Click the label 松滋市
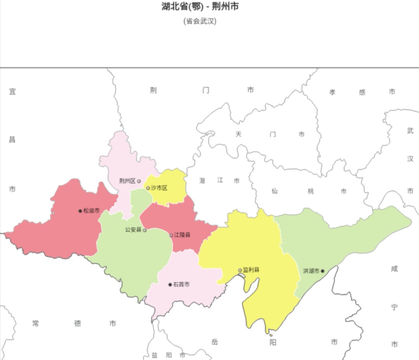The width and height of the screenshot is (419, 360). pyautogui.click(x=92, y=211)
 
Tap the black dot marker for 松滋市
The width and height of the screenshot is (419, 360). pyautogui.click(x=80, y=211)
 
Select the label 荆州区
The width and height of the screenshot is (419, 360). pyautogui.click(x=127, y=181)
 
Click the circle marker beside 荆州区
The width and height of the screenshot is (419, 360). pyautogui.click(x=139, y=181)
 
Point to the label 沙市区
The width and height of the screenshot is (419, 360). pyautogui.click(x=159, y=188)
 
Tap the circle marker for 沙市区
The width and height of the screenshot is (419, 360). pyautogui.click(x=148, y=188)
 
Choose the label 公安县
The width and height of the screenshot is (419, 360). pyautogui.click(x=133, y=230)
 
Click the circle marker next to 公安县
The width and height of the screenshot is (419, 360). pyautogui.click(x=145, y=230)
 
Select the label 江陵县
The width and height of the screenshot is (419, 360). pyautogui.click(x=182, y=235)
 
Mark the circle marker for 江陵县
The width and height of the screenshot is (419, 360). pyautogui.click(x=171, y=235)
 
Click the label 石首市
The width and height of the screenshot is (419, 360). pyautogui.click(x=182, y=284)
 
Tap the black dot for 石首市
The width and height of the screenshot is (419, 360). pyautogui.click(x=170, y=284)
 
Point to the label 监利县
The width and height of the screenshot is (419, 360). pyautogui.click(x=251, y=270)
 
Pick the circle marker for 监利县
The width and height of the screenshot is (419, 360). pyautogui.click(x=240, y=270)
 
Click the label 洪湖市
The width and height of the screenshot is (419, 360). pyautogui.click(x=311, y=271)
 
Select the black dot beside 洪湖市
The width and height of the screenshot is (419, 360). pyautogui.click(x=322, y=271)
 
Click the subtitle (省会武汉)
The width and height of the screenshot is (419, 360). pyautogui.click(x=200, y=21)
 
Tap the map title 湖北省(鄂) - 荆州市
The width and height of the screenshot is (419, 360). pyautogui.click(x=200, y=7)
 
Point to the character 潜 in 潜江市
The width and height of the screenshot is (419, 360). pyautogui.click(x=203, y=181)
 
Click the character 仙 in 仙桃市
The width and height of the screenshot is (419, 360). pyautogui.click(x=275, y=191)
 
